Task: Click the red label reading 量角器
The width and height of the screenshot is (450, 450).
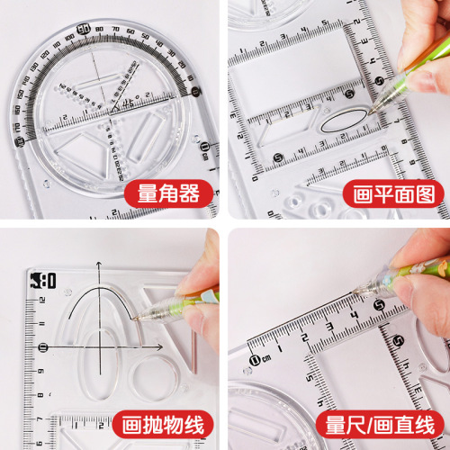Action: (x=163, y=193)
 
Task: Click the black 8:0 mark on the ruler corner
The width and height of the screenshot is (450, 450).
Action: (x=43, y=281)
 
